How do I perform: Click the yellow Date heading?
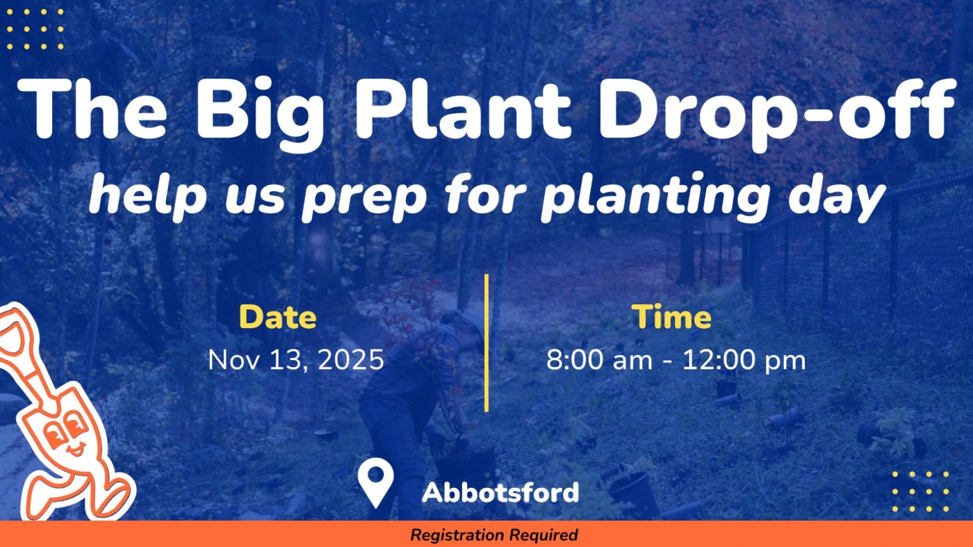[278, 317]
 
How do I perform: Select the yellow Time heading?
[671, 317]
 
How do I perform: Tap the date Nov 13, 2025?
[296, 360]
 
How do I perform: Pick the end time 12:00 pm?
[744, 360]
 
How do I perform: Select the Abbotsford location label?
[500, 493]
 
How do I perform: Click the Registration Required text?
[493, 535]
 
